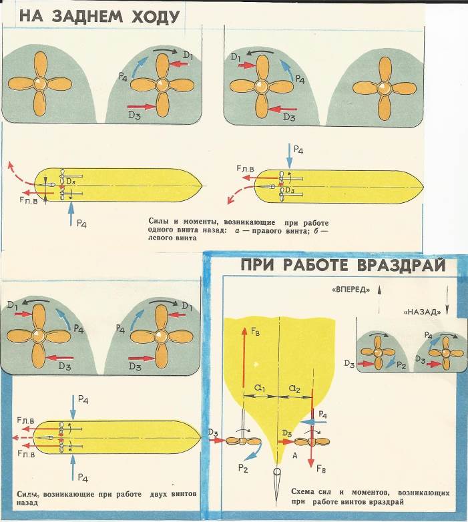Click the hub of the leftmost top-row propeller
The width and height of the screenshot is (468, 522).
coord(39,84)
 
